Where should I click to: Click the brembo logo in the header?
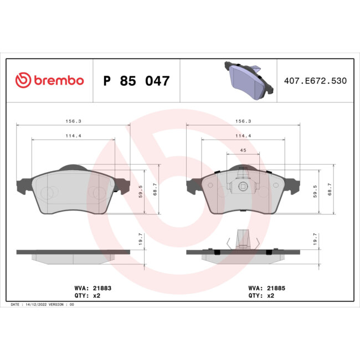pyautogui.click(x=49, y=81)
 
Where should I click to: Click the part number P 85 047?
pyautogui.click(x=136, y=81)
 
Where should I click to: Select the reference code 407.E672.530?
pyautogui.click(x=315, y=81)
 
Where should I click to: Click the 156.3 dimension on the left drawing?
pyautogui.click(x=73, y=121)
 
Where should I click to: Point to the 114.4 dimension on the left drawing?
pyautogui.click(x=73, y=136)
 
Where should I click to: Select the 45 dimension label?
pyautogui.click(x=243, y=150)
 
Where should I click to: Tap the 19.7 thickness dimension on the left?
pyautogui.click(x=141, y=239)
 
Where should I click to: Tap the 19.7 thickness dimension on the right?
pyautogui.click(x=315, y=239)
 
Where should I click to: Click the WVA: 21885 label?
pyautogui.click(x=268, y=288)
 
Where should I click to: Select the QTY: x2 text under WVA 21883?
pyautogui.click(x=88, y=296)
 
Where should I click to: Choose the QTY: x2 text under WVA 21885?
pyautogui.click(x=263, y=296)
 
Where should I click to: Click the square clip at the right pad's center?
pyautogui.click(x=243, y=187)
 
